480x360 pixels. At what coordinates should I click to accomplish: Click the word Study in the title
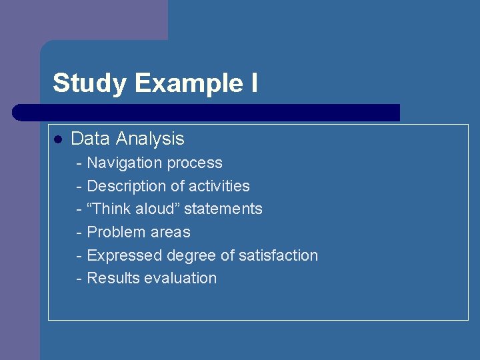[89, 84]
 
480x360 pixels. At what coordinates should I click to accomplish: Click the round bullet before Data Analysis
[58, 139]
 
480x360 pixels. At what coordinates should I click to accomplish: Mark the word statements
[223, 209]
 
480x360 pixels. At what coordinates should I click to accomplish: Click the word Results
[111, 278]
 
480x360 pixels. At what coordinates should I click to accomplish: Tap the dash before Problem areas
[80, 233]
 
